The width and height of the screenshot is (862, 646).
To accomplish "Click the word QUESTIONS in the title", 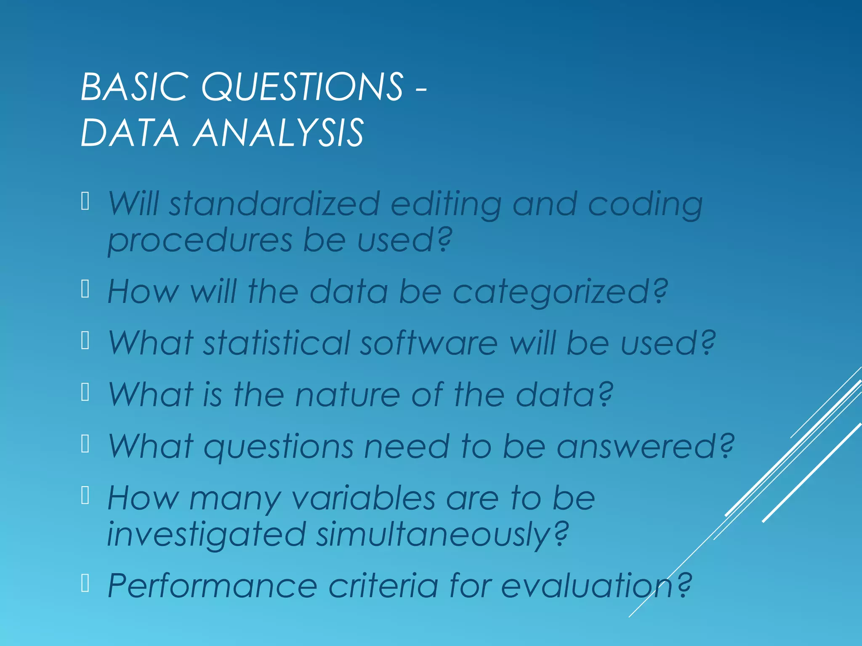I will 302,87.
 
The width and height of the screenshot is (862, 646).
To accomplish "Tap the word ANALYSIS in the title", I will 278,133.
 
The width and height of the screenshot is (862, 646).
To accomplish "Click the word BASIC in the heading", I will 134,87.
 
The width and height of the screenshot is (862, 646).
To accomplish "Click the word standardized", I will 274,204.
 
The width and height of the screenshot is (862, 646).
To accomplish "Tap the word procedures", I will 200,241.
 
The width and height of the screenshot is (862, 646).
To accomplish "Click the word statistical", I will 277,343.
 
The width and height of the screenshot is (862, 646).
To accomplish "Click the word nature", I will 348,394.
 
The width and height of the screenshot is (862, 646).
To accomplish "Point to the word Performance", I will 213,586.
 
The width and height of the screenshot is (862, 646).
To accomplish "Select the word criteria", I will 383,586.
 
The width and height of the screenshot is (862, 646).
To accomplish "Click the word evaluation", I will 587,586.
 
